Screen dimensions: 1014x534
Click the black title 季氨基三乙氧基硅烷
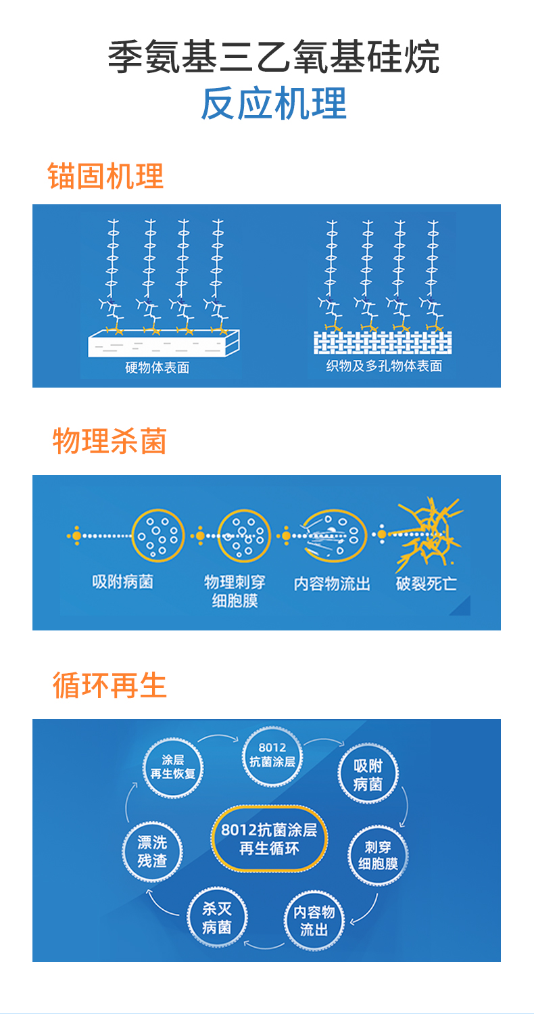(x=273, y=57)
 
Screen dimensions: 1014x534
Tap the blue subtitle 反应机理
(x=274, y=103)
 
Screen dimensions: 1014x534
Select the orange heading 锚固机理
(x=106, y=176)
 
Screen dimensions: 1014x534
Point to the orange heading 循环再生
(x=110, y=685)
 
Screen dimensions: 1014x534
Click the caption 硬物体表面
(x=157, y=368)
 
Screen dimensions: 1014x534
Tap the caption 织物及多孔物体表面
(x=384, y=367)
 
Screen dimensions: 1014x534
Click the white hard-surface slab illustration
(x=164, y=343)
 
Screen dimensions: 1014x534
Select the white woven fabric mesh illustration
(x=382, y=342)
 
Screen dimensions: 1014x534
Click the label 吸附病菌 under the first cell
(x=122, y=581)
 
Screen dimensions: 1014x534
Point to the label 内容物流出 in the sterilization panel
(x=332, y=583)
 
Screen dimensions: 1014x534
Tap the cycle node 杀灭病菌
(x=216, y=917)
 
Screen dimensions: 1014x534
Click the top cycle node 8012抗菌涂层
(x=272, y=755)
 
